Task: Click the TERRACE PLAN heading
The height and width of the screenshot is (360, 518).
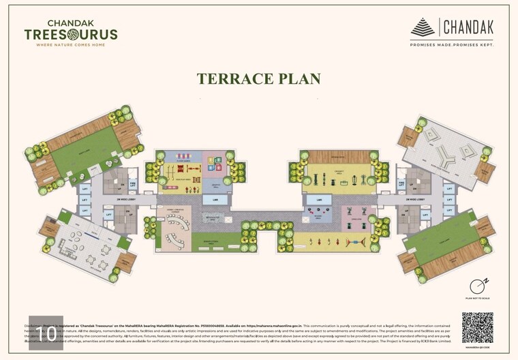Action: click(258, 78)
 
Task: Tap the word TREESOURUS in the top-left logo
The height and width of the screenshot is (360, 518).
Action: click(71, 34)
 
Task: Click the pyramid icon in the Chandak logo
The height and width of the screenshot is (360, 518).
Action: click(423, 28)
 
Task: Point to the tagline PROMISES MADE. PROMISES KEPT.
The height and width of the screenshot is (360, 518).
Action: click(452, 44)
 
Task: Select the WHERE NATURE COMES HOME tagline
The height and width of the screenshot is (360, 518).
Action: click(71, 45)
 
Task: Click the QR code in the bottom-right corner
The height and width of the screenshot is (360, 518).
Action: click(477, 328)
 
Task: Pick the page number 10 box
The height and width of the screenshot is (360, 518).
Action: click(46, 333)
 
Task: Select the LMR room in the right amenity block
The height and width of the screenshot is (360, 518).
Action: click(318, 200)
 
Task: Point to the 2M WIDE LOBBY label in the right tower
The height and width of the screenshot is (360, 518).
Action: click(416, 200)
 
